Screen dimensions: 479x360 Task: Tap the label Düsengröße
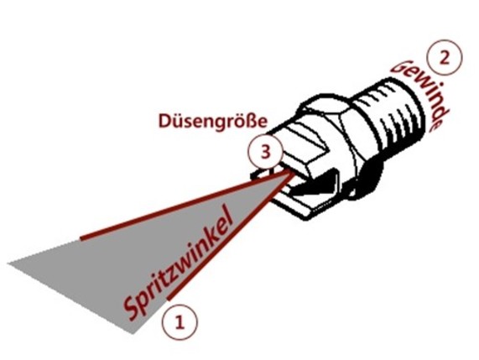[212, 122]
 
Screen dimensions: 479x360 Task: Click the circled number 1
[180, 321]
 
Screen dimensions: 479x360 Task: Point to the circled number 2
[445, 58]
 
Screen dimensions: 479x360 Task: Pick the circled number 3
[266, 152]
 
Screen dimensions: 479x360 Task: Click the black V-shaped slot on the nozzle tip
[315, 187]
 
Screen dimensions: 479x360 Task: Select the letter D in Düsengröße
[164, 121]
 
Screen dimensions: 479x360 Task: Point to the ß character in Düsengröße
[252, 121]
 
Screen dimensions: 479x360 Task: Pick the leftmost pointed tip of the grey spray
[8, 263]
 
